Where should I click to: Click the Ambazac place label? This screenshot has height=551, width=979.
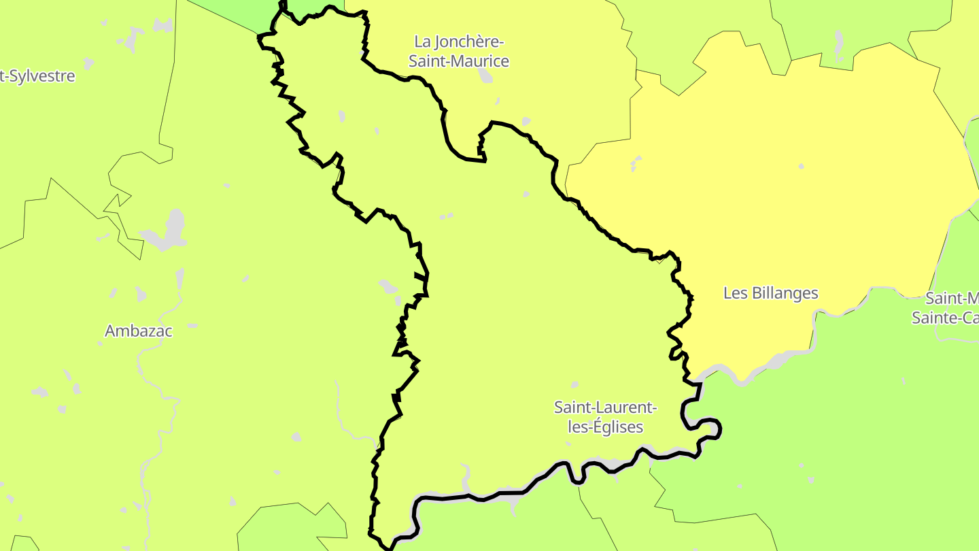139,331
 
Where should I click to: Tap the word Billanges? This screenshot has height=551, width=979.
784,293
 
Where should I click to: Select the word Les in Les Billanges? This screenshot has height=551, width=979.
735,293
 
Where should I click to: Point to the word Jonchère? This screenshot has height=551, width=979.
470,42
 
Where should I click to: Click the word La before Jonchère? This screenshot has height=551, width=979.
423,42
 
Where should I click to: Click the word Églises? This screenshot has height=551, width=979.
617,427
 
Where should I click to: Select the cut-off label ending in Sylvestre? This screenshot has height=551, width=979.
37,76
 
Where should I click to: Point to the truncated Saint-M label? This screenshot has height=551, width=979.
952,299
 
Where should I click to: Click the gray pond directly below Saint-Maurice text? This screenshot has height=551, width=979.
485,75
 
